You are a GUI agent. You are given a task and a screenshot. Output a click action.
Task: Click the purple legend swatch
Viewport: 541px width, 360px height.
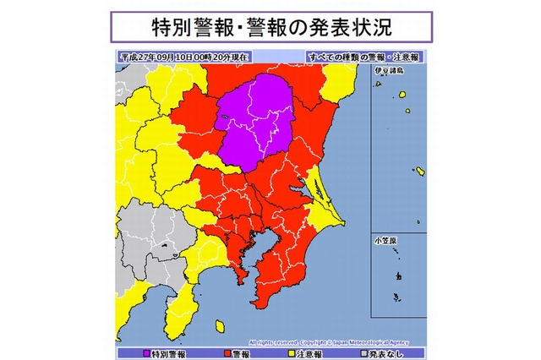click(146, 352)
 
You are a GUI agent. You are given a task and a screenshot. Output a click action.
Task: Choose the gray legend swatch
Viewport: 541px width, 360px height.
click(360, 352)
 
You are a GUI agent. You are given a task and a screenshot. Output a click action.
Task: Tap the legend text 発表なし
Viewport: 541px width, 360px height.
click(385, 352)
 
